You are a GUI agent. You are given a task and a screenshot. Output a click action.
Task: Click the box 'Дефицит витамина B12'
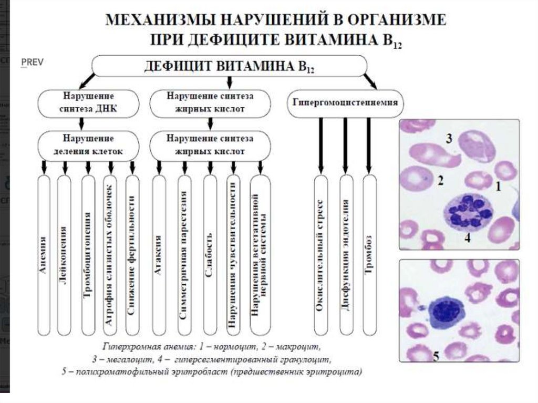pyautogui.click(x=229, y=67)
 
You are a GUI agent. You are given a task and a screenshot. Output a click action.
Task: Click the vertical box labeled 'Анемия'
pyautogui.click(x=44, y=255)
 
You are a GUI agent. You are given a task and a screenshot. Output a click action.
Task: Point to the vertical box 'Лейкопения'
pyautogui.click(x=64, y=255)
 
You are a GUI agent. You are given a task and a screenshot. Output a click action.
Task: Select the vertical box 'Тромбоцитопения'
pyautogui.click(x=88, y=255)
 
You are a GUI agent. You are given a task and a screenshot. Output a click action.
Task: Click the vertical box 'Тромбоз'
pyautogui.click(x=370, y=255)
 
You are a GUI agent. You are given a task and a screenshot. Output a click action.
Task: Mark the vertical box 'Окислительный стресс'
pyautogui.click(x=321, y=255)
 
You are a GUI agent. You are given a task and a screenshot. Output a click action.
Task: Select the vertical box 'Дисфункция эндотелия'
pyautogui.click(x=346, y=255)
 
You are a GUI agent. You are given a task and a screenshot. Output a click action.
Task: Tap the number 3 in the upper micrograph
pyautogui.click(x=449, y=139)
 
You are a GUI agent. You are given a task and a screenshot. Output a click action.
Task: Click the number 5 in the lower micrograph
pyautogui.click(x=436, y=357)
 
